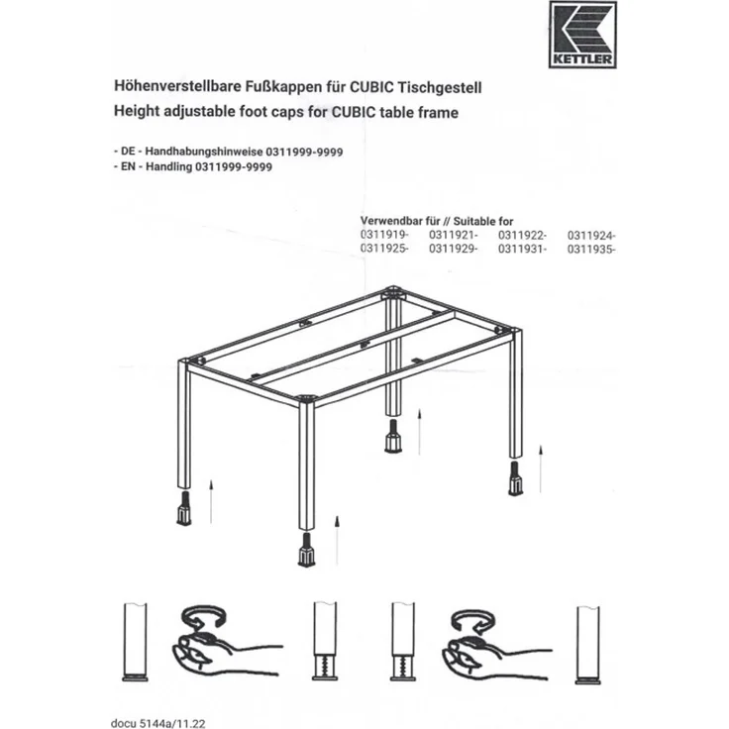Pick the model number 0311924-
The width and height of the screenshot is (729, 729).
point(592,235)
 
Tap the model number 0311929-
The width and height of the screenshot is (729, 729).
point(453,249)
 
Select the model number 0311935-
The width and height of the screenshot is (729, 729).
point(592,249)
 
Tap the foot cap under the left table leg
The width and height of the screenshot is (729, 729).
point(185,511)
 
